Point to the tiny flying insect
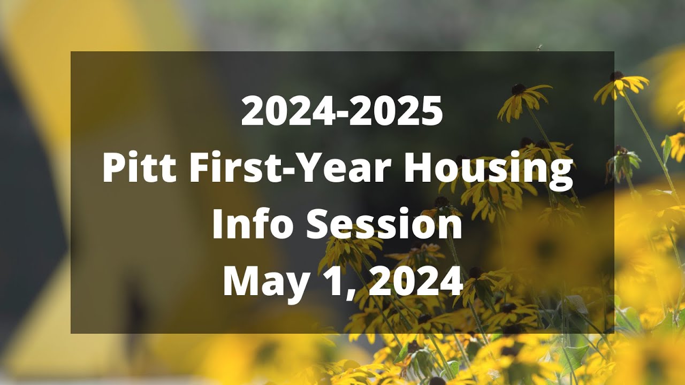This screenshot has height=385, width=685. [x=539, y=47]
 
